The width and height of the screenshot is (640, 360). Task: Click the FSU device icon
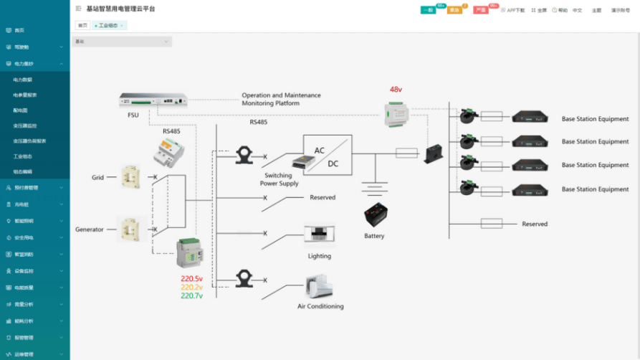pyautogui.click(x=153, y=101)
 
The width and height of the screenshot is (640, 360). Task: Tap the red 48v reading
pyautogui.click(x=396, y=90)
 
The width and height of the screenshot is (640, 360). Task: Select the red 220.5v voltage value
pyautogui.click(x=191, y=278)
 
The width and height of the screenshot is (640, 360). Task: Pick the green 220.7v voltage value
pyautogui.click(x=191, y=295)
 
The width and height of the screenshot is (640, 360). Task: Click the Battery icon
pyautogui.click(x=376, y=216)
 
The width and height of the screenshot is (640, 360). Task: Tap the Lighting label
pyautogui.click(x=320, y=256)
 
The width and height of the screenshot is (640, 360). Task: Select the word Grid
pyautogui.click(x=97, y=177)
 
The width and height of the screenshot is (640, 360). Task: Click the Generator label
pyautogui.click(x=90, y=229)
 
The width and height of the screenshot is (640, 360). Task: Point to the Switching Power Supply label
pyautogui.click(x=279, y=179)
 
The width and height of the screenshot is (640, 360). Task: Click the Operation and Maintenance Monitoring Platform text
pyautogui.click(x=281, y=99)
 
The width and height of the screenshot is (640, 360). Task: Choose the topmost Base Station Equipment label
pyautogui.click(x=595, y=119)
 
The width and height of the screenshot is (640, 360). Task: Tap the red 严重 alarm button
pyautogui.click(x=481, y=10)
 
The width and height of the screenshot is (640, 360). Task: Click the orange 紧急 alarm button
pyautogui.click(x=454, y=10)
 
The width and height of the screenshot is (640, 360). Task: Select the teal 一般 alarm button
pyautogui.click(x=428, y=10)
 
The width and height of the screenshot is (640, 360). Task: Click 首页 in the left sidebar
pyautogui.click(x=19, y=30)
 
